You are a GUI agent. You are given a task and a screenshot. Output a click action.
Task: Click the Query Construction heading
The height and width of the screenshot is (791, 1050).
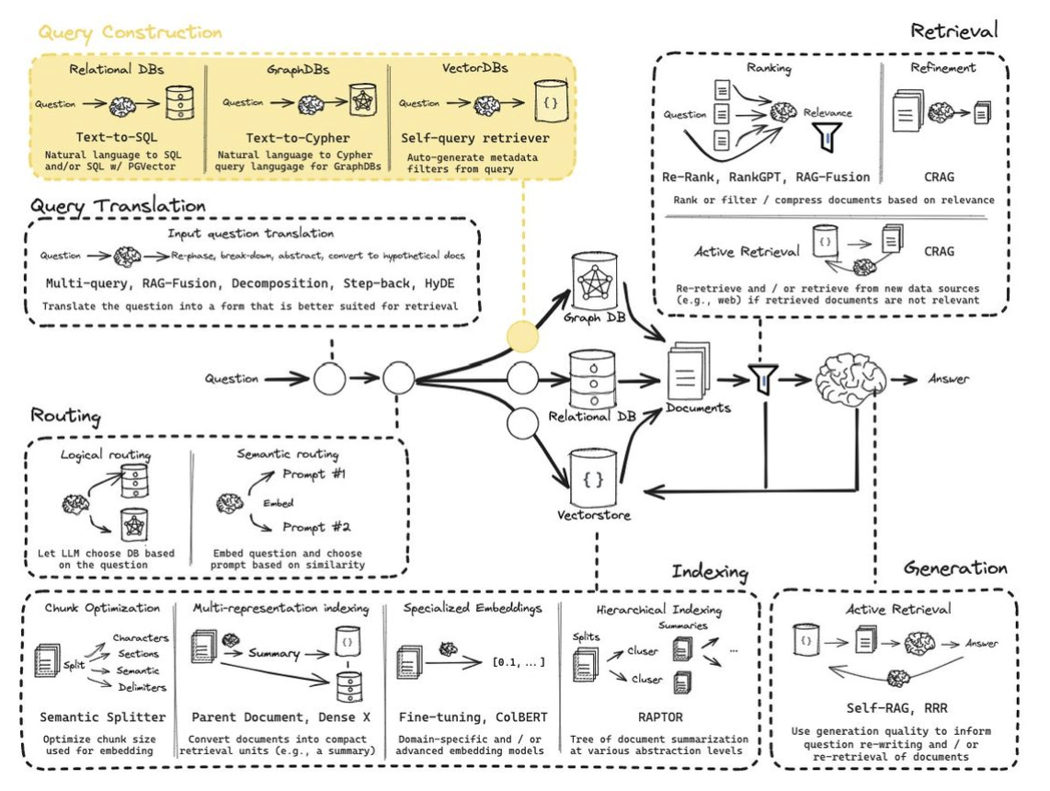coord(130,33)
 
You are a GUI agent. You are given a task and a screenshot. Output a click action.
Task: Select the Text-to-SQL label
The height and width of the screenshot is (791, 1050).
coord(117,137)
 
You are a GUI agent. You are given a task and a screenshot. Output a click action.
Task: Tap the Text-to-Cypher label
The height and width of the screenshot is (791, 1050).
coord(298,139)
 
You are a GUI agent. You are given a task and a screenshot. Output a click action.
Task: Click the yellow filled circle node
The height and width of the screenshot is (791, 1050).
coord(522,337)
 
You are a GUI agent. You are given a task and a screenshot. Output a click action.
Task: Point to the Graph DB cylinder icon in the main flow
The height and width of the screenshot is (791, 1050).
coord(594,281)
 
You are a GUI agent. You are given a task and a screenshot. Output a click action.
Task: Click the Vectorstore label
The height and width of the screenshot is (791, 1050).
coord(594,515)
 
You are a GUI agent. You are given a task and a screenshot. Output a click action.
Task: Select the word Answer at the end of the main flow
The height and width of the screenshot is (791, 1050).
coord(948,379)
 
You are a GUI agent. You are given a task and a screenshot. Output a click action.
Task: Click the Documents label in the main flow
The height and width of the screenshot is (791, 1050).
coord(698,407)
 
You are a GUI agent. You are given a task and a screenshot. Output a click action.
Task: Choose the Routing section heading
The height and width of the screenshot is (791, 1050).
coord(65,416)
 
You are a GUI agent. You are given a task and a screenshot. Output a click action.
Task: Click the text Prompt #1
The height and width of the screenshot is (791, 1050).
coord(314,475)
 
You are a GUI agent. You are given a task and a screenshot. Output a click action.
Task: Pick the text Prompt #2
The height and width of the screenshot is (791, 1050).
coord(316,527)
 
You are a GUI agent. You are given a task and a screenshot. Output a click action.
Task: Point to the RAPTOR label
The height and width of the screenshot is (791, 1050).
coord(660,717)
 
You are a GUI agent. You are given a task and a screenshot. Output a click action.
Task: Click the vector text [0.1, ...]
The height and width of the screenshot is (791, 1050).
coord(519,662)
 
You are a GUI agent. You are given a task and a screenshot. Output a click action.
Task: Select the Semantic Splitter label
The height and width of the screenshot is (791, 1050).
coord(102,717)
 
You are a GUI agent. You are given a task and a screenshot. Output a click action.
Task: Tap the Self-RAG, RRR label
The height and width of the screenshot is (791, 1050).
coord(896,708)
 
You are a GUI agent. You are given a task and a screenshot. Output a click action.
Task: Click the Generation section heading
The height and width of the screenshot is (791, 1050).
coord(955,568)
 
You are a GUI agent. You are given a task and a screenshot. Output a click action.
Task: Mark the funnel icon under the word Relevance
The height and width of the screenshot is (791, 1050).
coord(827,137)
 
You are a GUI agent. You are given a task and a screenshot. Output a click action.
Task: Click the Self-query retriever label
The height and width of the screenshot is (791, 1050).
coord(474,139)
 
